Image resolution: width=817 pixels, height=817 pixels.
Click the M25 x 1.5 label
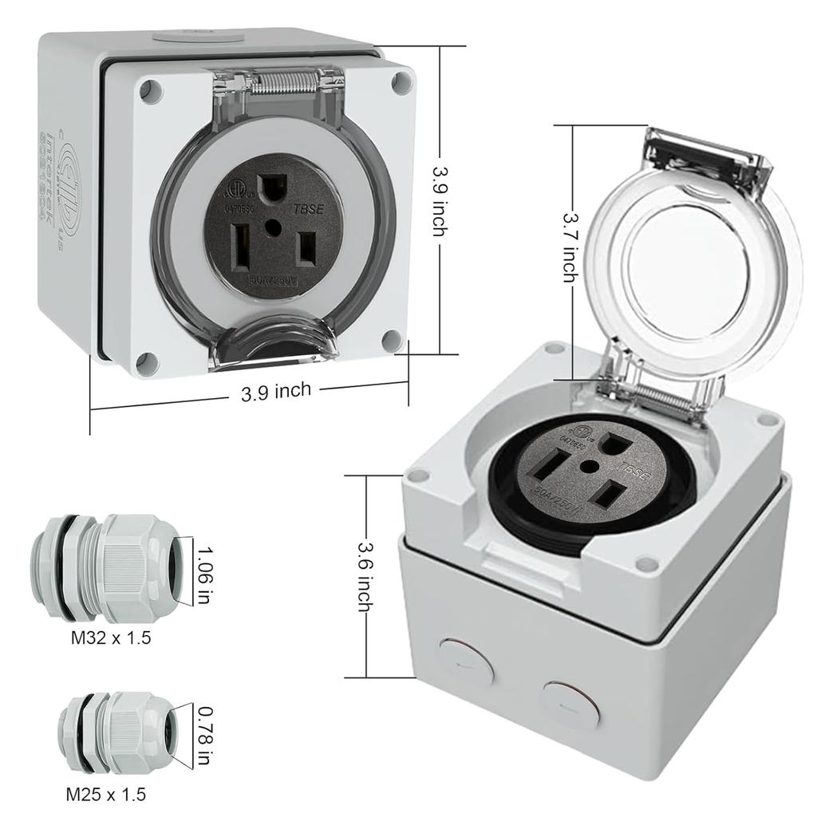[x=105, y=794]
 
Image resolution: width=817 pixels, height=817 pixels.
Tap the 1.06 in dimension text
[x=204, y=575]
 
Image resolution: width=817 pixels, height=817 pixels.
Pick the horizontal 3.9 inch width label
[x=276, y=391]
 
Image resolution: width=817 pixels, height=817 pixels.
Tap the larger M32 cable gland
[x=112, y=568]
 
